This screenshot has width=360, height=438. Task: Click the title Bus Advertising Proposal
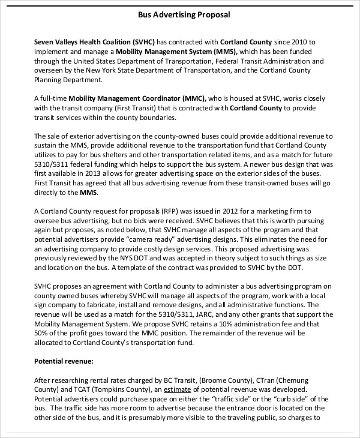pyautogui.click(x=180, y=13)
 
